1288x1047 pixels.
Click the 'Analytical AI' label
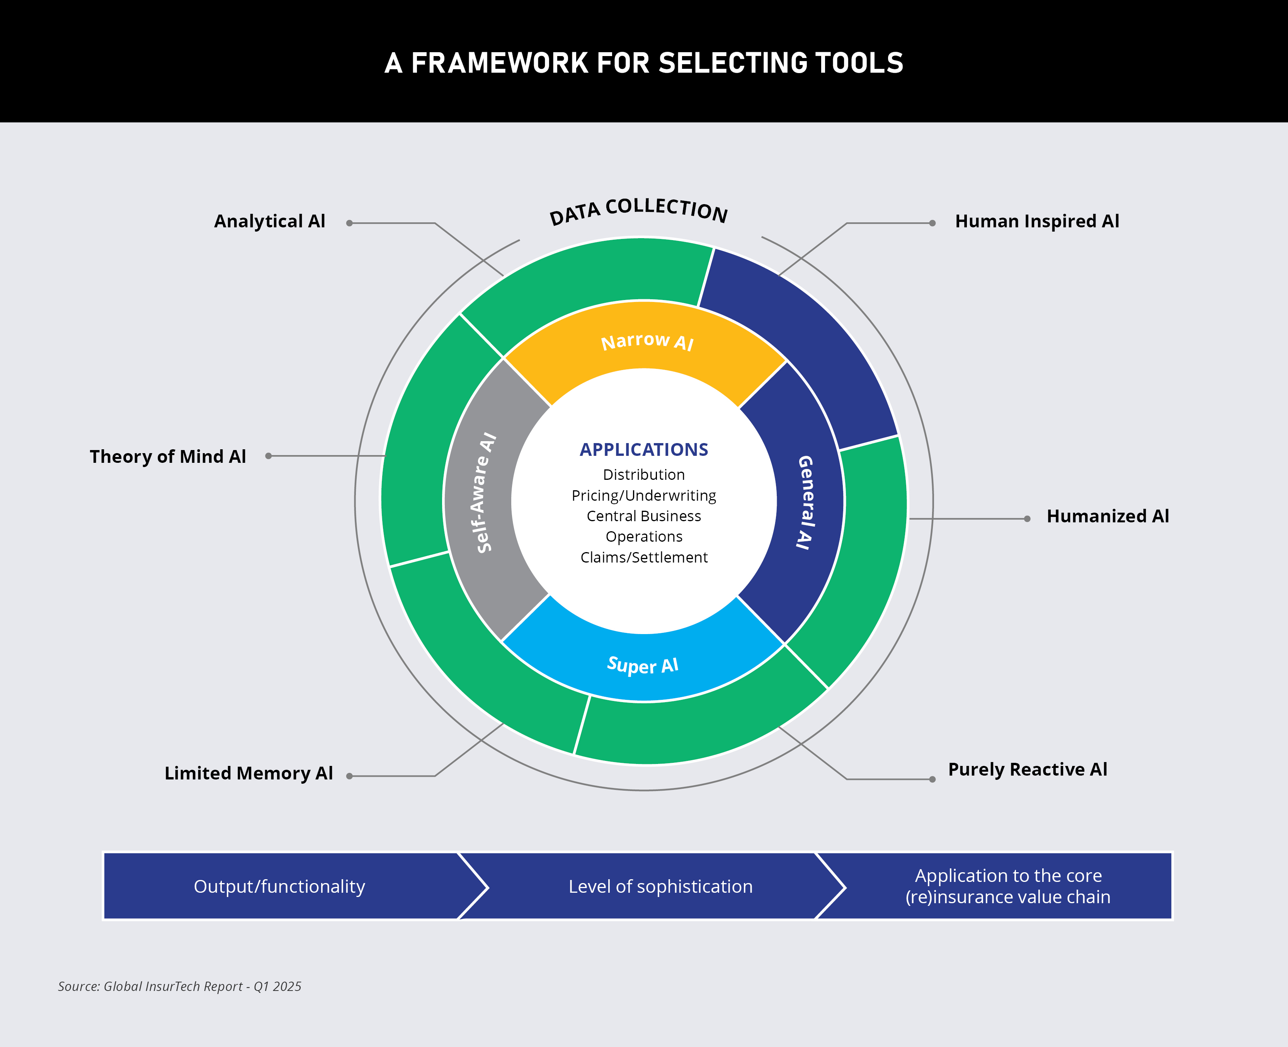click(x=269, y=221)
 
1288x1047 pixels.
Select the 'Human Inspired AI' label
click(x=1037, y=221)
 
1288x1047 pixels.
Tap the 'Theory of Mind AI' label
click(x=168, y=457)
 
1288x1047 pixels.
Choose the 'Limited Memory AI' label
click(x=248, y=773)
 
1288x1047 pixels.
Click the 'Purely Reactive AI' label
click(x=1027, y=769)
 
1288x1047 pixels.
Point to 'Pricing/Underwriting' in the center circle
click(x=644, y=496)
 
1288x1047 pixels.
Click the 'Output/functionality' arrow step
click(x=279, y=887)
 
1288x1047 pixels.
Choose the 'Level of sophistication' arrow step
click(x=660, y=887)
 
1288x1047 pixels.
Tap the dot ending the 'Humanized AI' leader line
click(x=1027, y=519)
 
